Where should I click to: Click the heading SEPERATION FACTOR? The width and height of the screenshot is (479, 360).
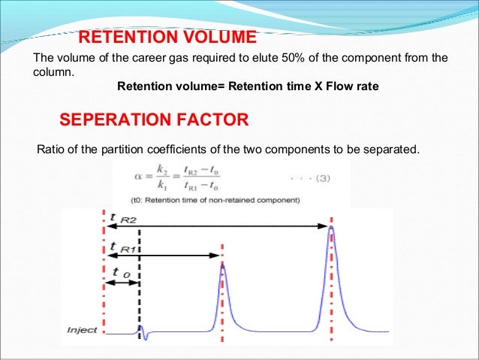[153, 120]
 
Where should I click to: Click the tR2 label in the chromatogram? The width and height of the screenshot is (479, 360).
[122, 219]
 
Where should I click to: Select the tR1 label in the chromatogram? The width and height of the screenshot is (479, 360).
[123, 247]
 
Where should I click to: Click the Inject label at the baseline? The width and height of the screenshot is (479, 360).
[81, 329]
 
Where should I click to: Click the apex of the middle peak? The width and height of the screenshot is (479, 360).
[222, 264]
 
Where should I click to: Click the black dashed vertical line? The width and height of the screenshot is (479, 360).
[140, 301]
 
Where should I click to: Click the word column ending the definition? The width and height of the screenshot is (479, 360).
[52, 73]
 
